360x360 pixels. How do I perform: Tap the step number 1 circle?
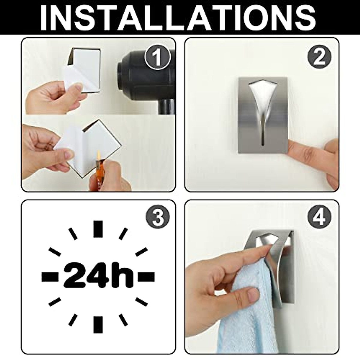pyautogui.click(x=157, y=57)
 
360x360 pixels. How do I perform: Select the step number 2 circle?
pyautogui.click(x=319, y=57)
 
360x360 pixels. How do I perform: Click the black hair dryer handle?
pyautogui.click(x=164, y=106)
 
